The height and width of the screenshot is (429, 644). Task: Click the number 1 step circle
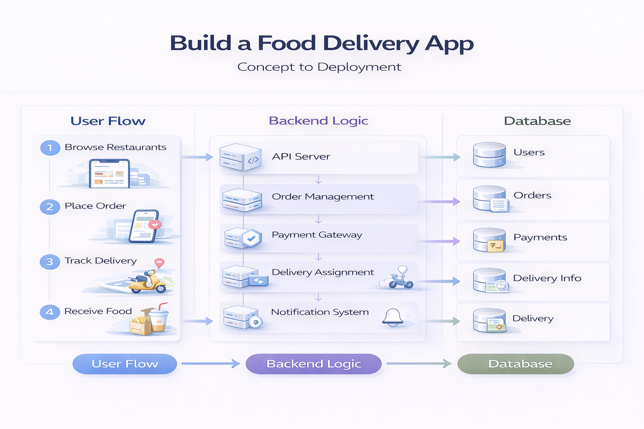(x=50, y=148)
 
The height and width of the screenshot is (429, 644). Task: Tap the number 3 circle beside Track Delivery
(x=50, y=262)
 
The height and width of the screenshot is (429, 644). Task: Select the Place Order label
(x=95, y=206)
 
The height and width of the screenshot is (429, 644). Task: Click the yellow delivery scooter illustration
(x=147, y=282)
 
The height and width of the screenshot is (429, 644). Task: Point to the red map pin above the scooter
(x=159, y=263)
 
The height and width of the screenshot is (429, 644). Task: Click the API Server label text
(x=301, y=157)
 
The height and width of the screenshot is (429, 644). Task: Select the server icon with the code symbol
(x=240, y=157)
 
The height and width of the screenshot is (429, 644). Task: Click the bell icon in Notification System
(x=392, y=318)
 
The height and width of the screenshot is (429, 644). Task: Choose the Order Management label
(x=322, y=196)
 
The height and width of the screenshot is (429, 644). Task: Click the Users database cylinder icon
(x=489, y=155)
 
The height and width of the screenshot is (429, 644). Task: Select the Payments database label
(x=540, y=238)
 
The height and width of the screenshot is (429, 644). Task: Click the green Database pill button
(x=515, y=364)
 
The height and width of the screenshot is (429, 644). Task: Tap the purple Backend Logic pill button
(x=314, y=364)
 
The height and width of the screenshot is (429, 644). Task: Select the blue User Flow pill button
(x=125, y=364)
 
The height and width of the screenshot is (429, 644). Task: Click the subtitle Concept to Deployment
(x=319, y=67)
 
